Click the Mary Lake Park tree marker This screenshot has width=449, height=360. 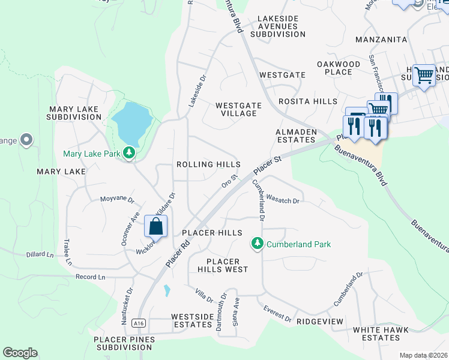pyautogui.click(x=128, y=153)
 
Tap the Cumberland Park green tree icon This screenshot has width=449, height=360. pyautogui.click(x=258, y=243)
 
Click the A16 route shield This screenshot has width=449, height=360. pyautogui.click(x=139, y=323)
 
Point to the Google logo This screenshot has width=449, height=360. pyautogui.click(x=20, y=353)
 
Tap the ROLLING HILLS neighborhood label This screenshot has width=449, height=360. pyautogui.click(x=208, y=164)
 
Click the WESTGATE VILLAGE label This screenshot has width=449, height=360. pyautogui.click(x=239, y=109)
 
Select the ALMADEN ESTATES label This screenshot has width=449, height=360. pyautogui.click(x=295, y=136)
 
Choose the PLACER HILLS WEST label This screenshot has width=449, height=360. pyautogui.click(x=223, y=265)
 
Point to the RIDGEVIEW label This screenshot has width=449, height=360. pyautogui.click(x=320, y=322)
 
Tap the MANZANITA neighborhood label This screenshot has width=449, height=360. pyautogui.click(x=381, y=40)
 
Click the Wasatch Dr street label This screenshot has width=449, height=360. pyautogui.click(x=282, y=199)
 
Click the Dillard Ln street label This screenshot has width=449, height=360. pyautogui.click(x=40, y=254)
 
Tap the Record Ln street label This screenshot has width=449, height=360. pyautogui.click(x=90, y=277)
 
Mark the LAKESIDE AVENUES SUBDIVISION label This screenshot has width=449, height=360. pyautogui.click(x=278, y=26)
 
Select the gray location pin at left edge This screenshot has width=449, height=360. pyautogui.click(x=26, y=140)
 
